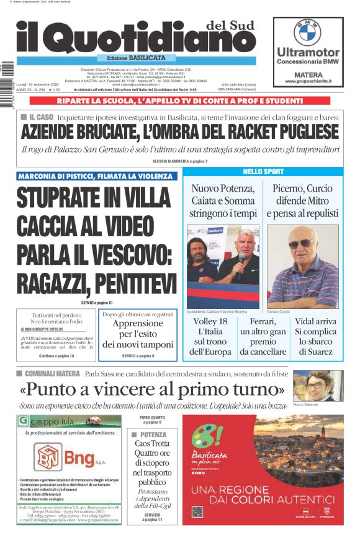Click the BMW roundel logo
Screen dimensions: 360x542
tap(307, 32)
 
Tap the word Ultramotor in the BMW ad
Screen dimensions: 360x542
tap(308, 52)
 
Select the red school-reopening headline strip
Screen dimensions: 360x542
tap(179, 100)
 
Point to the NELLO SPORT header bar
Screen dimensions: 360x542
tap(263, 172)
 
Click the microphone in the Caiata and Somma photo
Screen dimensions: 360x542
tap(241, 257)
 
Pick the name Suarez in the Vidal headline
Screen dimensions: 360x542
tap(315, 351)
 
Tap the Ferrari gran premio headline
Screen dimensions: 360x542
tap(263, 337)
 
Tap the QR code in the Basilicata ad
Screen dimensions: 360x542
tap(197, 512)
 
